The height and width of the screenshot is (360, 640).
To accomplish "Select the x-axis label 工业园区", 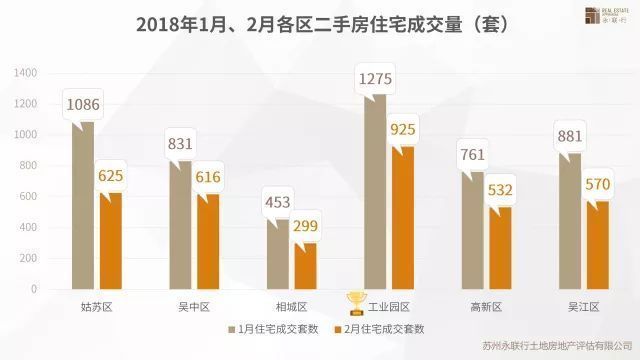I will (391, 305).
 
